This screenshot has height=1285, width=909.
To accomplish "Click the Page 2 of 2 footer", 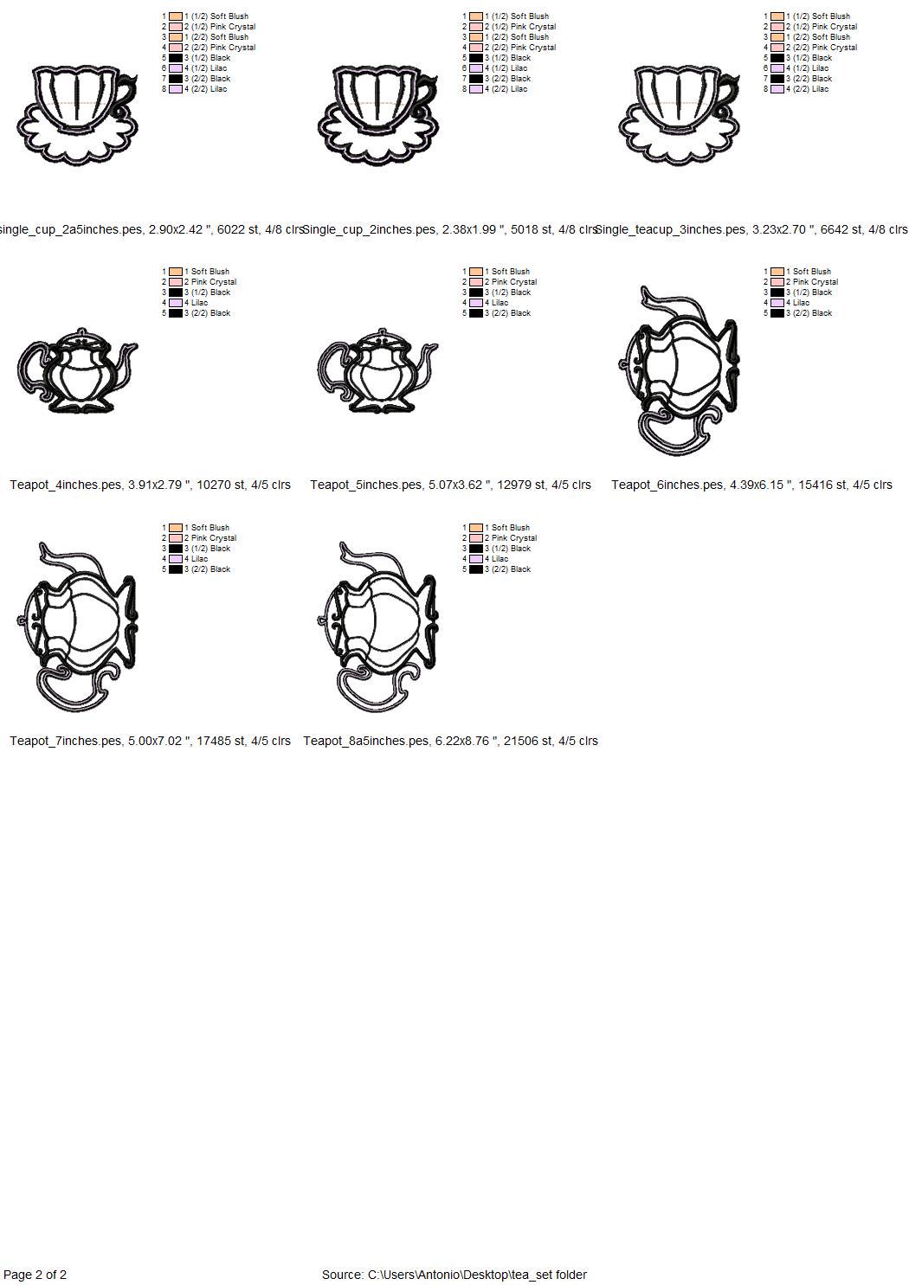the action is pos(35,1275).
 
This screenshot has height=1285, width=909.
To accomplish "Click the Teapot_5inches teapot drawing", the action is pos(377,370).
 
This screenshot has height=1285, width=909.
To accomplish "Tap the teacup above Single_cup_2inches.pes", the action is pos(377,115).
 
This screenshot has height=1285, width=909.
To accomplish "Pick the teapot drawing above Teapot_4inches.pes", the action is pos(77,370).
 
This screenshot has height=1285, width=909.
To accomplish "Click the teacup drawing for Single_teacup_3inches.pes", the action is pos(679,115).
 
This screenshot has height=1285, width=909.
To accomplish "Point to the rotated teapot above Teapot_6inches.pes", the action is pos(679,370).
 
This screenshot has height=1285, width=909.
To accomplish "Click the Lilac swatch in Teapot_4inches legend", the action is pos(176,303).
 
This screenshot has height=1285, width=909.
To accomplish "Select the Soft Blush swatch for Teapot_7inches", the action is pos(176,528).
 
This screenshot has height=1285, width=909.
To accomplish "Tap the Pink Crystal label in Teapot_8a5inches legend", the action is pos(514,538).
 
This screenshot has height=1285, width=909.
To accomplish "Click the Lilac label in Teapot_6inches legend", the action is pos(801,303).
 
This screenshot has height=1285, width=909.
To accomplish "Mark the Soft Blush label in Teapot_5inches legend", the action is pos(511,272).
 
